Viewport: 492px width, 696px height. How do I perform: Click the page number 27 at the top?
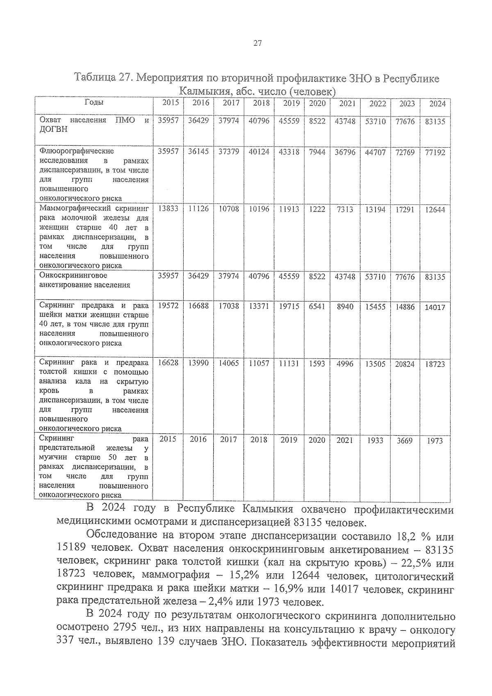coord(257,43)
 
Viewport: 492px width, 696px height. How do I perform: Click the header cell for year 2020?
coord(317,103)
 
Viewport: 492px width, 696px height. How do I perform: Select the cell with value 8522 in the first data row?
coord(317,121)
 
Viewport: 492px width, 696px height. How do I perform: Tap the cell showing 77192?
coord(435,153)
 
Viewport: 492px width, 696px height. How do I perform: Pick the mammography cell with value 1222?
coord(317,209)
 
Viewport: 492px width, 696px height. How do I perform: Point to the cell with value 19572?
coord(168,306)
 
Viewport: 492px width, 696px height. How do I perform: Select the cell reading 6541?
coord(317,306)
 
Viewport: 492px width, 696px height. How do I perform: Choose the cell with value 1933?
coord(375,440)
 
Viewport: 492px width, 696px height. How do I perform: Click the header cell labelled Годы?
coord(94,103)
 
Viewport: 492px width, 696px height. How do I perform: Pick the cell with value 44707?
coord(375,153)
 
